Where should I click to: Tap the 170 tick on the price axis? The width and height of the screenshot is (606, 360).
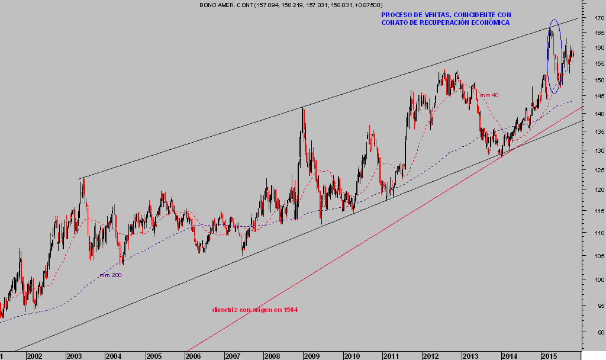(599, 18)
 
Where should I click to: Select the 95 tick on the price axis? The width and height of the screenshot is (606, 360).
(600, 306)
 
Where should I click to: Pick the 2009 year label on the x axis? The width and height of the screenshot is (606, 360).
(312, 356)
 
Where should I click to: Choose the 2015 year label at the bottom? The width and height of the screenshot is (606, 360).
(550, 356)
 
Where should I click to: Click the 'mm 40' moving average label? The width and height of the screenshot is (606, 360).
(489, 95)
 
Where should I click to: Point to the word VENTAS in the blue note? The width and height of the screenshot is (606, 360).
(429, 14)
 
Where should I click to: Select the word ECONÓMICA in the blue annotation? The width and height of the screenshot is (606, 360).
(489, 22)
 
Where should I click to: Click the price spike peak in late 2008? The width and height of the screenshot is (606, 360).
(303, 108)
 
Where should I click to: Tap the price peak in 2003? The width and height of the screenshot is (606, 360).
(83, 179)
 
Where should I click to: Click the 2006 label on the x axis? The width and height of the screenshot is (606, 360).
(193, 356)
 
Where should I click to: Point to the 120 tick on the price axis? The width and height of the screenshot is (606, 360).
(599, 190)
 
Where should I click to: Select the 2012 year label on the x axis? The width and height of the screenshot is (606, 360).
(431, 356)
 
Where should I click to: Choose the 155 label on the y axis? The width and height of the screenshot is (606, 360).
(599, 63)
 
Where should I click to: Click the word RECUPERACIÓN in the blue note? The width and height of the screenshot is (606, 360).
(443, 22)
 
